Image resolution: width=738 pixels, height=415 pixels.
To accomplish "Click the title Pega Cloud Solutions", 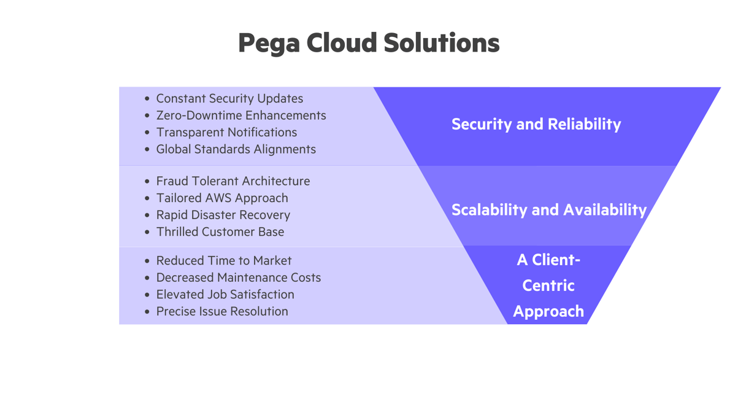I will pyautogui.click(x=369, y=43).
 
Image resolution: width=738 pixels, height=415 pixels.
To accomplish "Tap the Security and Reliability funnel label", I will pyautogui.click(x=536, y=124).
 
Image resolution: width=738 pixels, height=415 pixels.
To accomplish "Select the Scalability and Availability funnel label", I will pyautogui.click(x=549, y=210).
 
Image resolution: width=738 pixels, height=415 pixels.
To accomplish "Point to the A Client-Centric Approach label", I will pyautogui.click(x=548, y=285).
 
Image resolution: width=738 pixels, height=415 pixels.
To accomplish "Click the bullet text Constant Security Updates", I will pyautogui.click(x=229, y=98).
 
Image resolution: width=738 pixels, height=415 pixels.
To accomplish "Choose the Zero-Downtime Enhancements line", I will pyautogui.click(x=241, y=115).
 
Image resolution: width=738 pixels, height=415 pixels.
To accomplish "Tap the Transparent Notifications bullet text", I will pyautogui.click(x=226, y=132).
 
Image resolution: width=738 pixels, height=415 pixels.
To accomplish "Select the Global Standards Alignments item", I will pyautogui.click(x=236, y=149).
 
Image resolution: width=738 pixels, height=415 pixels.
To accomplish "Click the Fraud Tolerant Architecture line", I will pyautogui.click(x=233, y=181).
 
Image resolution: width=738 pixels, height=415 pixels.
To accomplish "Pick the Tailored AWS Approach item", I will pyautogui.click(x=222, y=198).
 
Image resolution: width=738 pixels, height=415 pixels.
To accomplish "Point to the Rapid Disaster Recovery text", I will pyautogui.click(x=223, y=215).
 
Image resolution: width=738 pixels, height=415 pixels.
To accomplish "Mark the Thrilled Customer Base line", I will pyautogui.click(x=220, y=232).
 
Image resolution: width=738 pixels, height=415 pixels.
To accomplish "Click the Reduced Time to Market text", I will pyautogui.click(x=224, y=261).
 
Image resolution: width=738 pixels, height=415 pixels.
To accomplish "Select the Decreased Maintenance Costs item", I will pyautogui.click(x=239, y=277).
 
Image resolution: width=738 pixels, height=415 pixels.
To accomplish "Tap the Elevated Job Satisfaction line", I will pyautogui.click(x=225, y=295).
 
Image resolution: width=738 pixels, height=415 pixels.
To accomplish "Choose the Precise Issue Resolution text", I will pyautogui.click(x=222, y=311).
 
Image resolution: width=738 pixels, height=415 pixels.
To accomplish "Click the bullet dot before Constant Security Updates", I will pyautogui.click(x=147, y=99).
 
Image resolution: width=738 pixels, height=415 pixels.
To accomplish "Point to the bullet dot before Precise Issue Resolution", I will pyautogui.click(x=147, y=312).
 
